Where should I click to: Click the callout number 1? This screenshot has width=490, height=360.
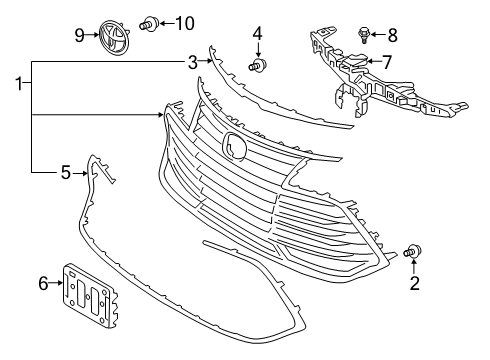click(19, 83)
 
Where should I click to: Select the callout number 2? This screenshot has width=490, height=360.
click(414, 283)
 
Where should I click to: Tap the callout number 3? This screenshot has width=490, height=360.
click(193, 62)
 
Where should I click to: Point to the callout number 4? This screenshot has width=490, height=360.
click(257, 34)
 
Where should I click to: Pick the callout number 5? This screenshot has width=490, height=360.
click(66, 173)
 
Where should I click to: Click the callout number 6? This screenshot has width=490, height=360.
click(43, 284)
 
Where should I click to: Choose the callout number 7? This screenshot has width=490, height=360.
click(386, 62)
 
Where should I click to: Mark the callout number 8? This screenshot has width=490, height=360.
click(393, 35)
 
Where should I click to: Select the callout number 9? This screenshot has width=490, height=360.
click(79, 35)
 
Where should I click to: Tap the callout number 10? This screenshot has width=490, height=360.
click(185, 24)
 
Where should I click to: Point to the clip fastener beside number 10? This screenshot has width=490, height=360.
click(149, 24)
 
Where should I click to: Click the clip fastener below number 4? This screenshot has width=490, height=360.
click(258, 64)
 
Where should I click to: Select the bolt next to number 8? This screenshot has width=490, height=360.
click(364, 35)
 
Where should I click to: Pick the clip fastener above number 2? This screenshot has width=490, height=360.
click(413, 251)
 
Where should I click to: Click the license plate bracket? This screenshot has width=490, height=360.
click(90, 295)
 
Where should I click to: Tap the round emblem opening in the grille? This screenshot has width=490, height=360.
click(234, 144)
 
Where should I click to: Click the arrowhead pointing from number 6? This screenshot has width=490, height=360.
click(60, 283)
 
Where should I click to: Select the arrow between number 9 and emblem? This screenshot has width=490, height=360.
click(93, 35)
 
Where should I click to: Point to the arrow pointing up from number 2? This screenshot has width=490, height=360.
click(414, 267)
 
